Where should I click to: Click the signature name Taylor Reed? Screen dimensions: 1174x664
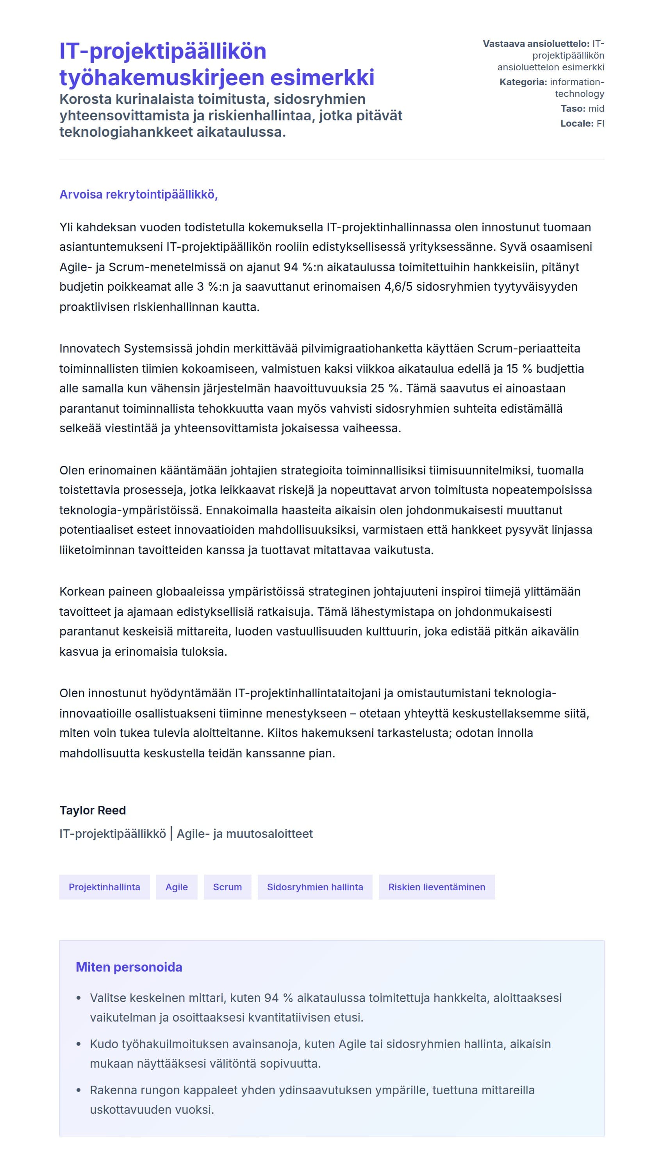coord(93,810)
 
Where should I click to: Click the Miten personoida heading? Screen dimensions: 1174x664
coord(129,967)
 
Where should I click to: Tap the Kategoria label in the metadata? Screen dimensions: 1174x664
coord(523,82)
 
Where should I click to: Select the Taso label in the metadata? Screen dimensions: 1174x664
coord(573,109)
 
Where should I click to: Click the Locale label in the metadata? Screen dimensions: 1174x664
coord(577,123)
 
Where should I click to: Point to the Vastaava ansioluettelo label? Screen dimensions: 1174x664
coord(536,44)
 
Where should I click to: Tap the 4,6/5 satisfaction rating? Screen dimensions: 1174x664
coord(398,286)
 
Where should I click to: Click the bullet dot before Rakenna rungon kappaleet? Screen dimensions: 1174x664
coord(79,1090)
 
